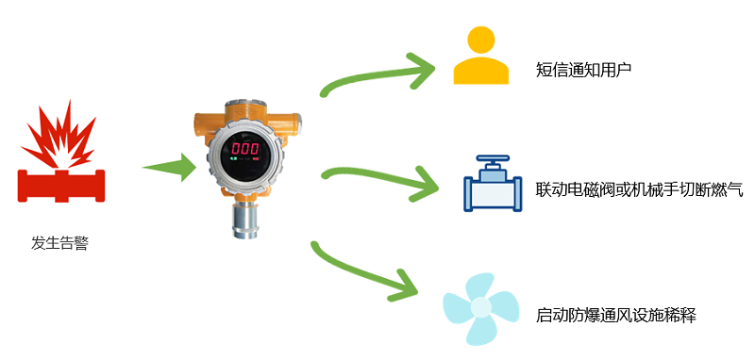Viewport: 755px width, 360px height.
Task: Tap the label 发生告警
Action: tap(60, 242)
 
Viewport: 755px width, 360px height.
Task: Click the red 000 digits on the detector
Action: tap(246, 149)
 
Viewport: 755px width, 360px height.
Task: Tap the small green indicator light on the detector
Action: tap(233, 160)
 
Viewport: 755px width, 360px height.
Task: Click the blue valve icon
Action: tap(493, 189)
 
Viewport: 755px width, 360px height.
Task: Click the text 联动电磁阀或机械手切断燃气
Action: tap(639, 189)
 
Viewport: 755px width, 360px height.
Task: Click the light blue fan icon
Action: tap(481, 306)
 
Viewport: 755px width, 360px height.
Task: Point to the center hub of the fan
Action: tap(481, 307)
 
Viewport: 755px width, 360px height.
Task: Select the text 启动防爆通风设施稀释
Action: tap(614, 314)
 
